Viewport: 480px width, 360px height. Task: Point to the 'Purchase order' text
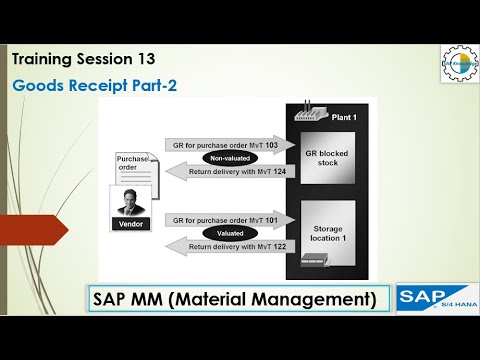pos(133,162)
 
